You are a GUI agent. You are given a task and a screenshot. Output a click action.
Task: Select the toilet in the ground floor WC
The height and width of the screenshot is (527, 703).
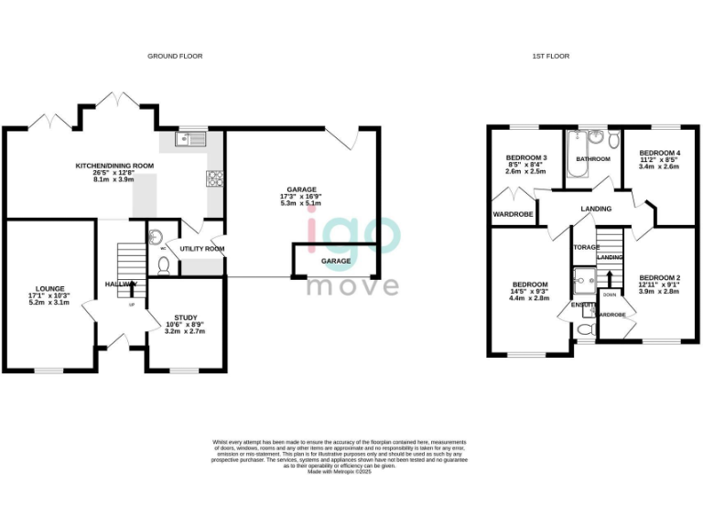tap(163, 265)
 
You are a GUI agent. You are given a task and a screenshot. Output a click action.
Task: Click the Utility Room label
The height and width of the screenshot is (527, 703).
tap(202, 249)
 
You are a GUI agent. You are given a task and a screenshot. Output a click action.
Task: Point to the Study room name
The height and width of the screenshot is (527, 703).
tap(187, 317)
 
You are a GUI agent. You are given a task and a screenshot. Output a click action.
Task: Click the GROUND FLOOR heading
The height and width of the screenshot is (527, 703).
tap(175, 56)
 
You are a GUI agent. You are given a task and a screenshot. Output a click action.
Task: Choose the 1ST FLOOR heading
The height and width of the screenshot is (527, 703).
tap(551, 56)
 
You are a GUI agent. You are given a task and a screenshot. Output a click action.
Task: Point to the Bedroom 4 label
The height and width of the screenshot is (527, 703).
tap(660, 153)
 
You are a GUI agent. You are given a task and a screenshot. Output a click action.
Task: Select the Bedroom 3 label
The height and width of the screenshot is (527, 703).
tap(526, 158)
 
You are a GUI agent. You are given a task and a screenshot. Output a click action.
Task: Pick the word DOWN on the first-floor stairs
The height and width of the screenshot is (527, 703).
tap(609, 296)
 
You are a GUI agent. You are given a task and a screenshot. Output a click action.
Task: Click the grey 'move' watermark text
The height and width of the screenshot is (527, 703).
tap(352, 285)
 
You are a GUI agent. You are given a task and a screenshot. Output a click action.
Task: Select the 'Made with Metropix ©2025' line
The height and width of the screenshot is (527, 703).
tap(351, 471)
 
